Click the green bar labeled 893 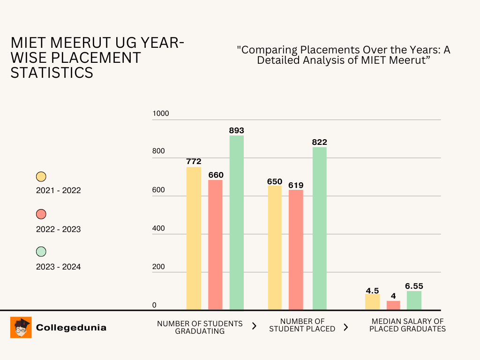[237, 223]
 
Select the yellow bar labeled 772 [194, 238]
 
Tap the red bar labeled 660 [215, 245]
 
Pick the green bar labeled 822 [320, 228]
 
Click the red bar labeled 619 [296, 250]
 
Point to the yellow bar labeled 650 [275, 247]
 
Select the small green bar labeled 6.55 [414, 300]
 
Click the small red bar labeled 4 [393, 305]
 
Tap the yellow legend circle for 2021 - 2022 [41, 177]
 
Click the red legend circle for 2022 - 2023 [41, 214]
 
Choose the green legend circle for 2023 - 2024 [41, 252]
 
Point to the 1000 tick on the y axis [161, 113]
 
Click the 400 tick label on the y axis [159, 228]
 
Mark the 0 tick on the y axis [154, 305]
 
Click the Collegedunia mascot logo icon [21, 327]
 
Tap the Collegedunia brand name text [71, 328]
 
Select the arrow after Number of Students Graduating [255, 326]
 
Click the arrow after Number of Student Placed [346, 327]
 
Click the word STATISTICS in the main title [52, 73]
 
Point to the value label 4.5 [372, 290]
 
